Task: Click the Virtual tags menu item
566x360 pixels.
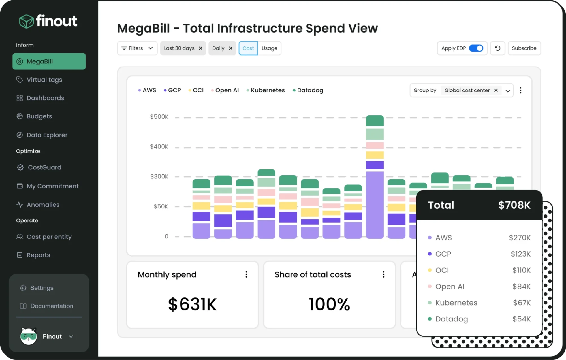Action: pyautogui.click(x=44, y=80)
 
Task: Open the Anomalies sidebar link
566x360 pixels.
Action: pyautogui.click(x=43, y=205)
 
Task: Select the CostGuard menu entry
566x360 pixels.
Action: pyautogui.click(x=44, y=167)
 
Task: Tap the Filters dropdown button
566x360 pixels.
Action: pyautogui.click(x=137, y=48)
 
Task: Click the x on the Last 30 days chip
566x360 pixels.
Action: pyautogui.click(x=200, y=48)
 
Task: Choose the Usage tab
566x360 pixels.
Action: pyautogui.click(x=269, y=48)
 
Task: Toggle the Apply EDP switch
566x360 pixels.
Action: pyautogui.click(x=476, y=48)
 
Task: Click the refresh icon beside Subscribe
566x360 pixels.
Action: pyautogui.click(x=497, y=48)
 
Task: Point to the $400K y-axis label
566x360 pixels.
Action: pyautogui.click(x=159, y=147)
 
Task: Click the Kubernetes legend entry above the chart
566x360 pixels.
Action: pyautogui.click(x=267, y=90)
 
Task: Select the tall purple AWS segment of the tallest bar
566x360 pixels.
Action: pyautogui.click(x=375, y=204)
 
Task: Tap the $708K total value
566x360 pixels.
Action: pyautogui.click(x=514, y=205)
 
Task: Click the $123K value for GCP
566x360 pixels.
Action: pyautogui.click(x=520, y=254)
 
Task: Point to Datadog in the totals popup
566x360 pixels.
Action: pyautogui.click(x=451, y=319)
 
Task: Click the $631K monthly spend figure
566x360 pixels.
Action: pyautogui.click(x=192, y=304)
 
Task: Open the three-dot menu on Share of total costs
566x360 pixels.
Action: pyautogui.click(x=383, y=274)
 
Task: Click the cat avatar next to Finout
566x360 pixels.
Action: pyautogui.click(x=28, y=336)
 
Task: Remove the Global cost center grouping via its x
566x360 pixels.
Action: pyautogui.click(x=496, y=90)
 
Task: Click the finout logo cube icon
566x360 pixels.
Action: pyautogui.click(x=26, y=22)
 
